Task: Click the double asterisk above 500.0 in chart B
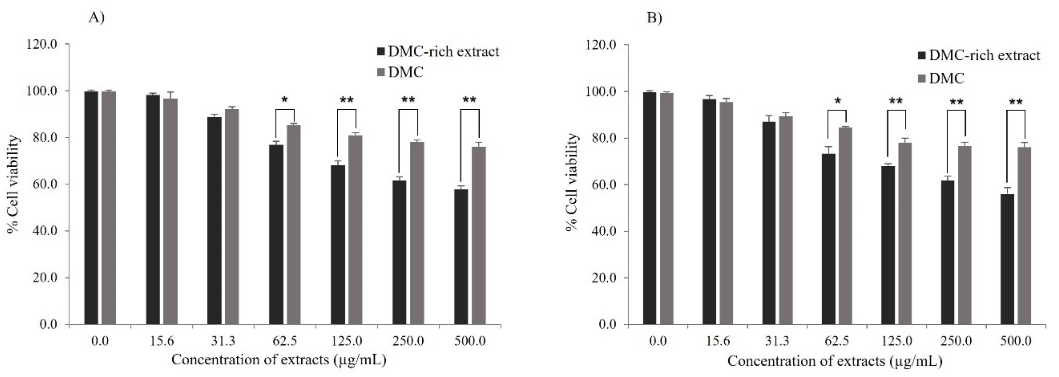tap(1015, 102)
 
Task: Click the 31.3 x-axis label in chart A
tap(223, 342)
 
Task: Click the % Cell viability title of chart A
tap(13, 184)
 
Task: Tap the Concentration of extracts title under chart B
tap(835, 361)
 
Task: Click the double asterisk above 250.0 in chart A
tap(408, 100)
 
